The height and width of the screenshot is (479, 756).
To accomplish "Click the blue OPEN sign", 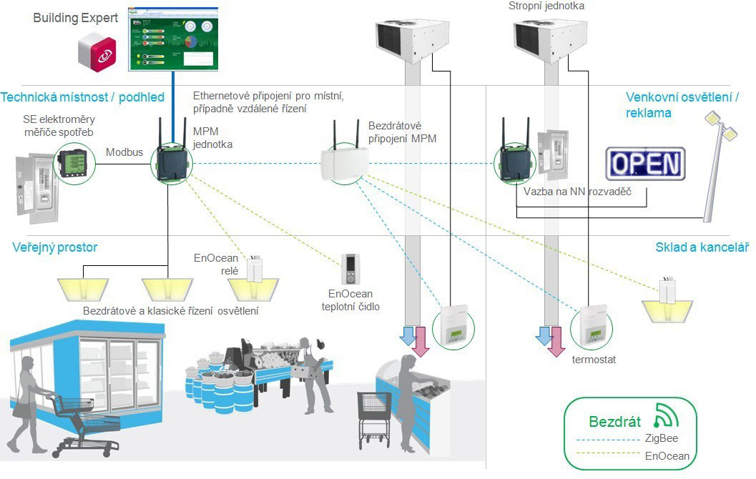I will (645, 164).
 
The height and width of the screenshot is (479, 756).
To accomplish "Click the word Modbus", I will (124, 152).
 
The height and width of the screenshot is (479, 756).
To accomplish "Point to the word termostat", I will (594, 360).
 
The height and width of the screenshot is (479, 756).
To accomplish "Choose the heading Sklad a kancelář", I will (702, 247).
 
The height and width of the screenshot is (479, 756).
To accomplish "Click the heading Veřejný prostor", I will (55, 247).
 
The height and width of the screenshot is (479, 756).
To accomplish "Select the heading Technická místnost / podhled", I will (83, 97).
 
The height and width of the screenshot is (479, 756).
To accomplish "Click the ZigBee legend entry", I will (662, 438).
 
